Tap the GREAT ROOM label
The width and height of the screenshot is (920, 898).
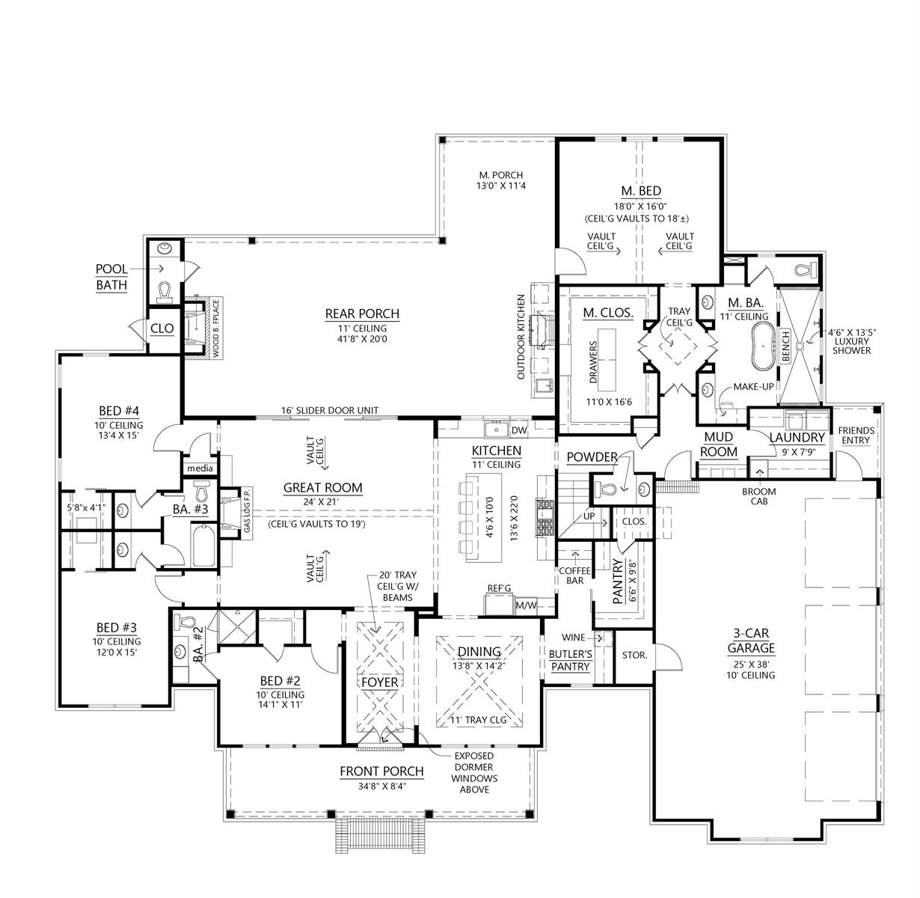point(322,488)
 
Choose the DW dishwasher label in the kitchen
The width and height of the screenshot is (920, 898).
point(519,430)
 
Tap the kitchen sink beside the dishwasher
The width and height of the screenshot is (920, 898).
point(495,430)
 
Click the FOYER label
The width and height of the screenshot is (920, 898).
point(379,682)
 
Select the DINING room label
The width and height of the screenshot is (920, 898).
point(479,653)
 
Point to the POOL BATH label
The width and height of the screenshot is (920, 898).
point(111,277)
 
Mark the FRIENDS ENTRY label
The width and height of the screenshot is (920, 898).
point(854,436)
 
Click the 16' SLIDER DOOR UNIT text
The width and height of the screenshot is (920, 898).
point(329,410)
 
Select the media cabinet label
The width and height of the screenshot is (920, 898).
point(200,468)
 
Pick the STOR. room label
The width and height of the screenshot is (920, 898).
point(634,655)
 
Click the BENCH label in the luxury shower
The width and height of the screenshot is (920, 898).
point(785,346)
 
